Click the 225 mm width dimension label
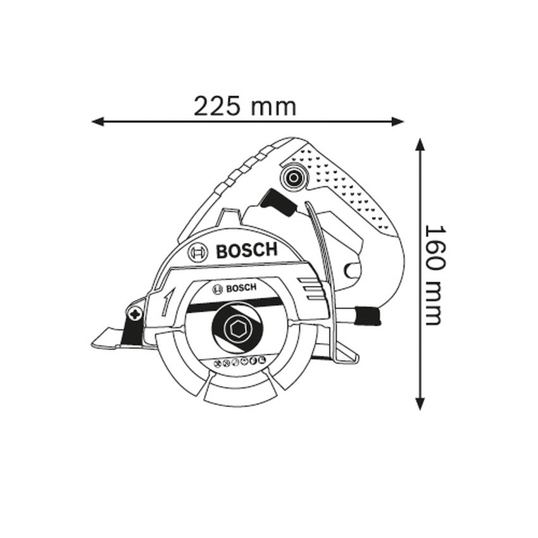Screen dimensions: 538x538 pyautogui.click(x=245, y=106)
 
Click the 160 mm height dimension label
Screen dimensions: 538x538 pyautogui.click(x=435, y=275)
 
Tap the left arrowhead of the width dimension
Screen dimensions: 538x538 pyautogui.click(x=97, y=121)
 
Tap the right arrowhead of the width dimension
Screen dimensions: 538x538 pyautogui.click(x=397, y=121)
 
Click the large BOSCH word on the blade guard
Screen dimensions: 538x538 pyautogui.click(x=246, y=251)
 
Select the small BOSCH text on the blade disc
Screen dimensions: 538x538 pyautogui.click(x=241, y=288)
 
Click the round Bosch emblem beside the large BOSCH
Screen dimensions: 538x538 pyautogui.click(x=198, y=253)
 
